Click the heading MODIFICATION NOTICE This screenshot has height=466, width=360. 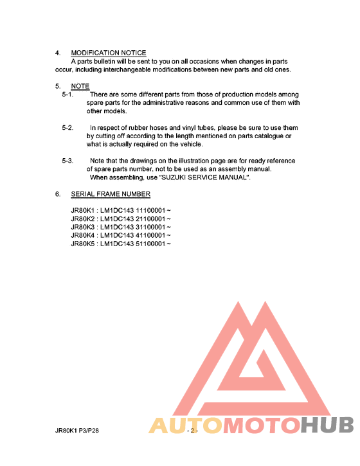(108, 53)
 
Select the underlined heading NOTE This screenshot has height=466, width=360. (80, 86)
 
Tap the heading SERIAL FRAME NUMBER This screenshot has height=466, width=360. (111, 193)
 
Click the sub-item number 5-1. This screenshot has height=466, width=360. (67, 94)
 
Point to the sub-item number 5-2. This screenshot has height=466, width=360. (67, 128)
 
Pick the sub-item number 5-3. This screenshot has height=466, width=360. (67, 161)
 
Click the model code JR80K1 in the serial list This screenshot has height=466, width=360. (83, 210)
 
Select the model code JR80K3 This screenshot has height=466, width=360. (83, 227)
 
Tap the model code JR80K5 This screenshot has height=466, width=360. (83, 244)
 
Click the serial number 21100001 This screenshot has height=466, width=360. (149, 219)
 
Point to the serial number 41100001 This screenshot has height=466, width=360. (149, 235)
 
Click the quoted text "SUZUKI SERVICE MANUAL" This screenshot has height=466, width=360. (204, 177)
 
